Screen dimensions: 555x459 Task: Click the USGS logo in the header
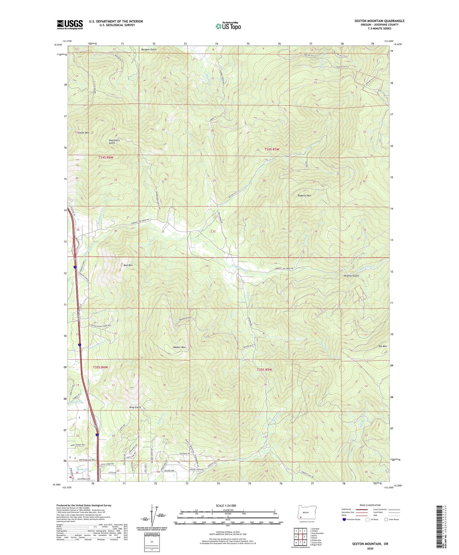point(70,24)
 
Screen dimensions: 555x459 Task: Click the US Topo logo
point(228,26)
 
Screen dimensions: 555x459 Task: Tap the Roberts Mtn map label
point(304,195)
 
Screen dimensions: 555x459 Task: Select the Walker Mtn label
point(179,347)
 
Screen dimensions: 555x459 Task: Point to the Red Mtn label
point(128,265)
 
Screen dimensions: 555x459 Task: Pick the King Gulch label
point(135,407)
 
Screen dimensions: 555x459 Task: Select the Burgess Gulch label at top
point(149,50)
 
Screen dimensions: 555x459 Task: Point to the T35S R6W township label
point(100,367)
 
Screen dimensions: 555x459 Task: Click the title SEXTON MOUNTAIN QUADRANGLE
point(379,21)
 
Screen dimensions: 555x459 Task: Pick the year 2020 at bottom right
point(370,548)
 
